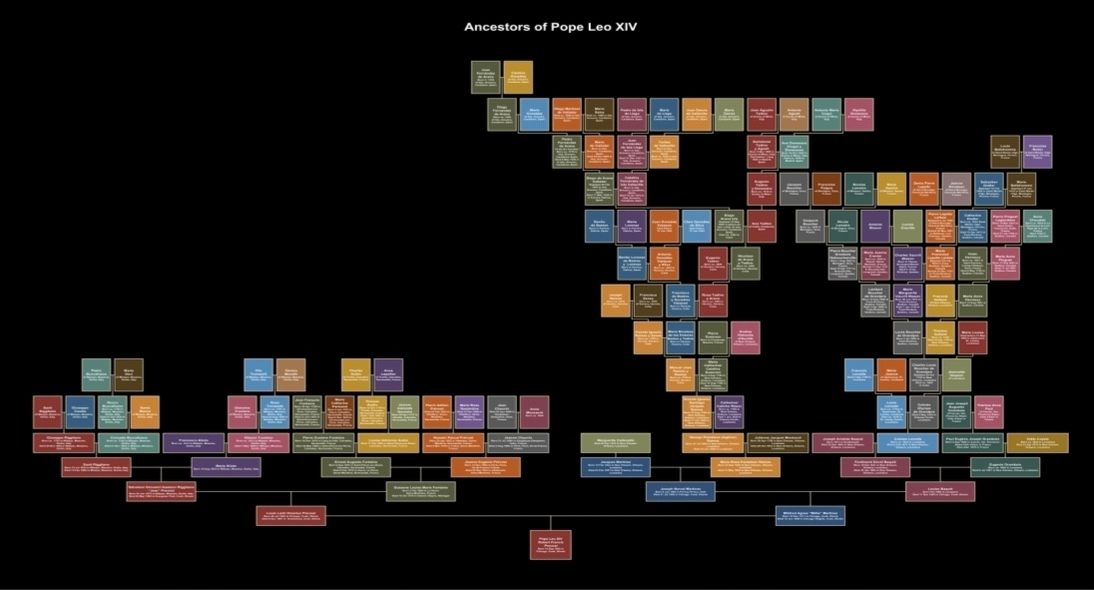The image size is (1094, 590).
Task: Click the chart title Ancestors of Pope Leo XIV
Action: [x=550, y=27]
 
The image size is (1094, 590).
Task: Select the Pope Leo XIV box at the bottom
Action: [x=550, y=544]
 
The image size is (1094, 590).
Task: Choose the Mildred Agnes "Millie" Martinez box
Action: [x=811, y=515]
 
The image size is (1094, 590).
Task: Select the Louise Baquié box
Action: [x=940, y=491]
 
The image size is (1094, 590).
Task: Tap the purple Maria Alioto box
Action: [x=227, y=467]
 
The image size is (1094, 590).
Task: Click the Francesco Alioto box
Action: [x=194, y=442]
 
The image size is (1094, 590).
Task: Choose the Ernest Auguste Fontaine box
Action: [x=355, y=466]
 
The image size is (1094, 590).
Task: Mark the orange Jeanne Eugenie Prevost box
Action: [x=485, y=466]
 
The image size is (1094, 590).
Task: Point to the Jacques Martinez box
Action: [x=616, y=466]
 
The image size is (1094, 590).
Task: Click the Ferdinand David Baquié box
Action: [x=874, y=466]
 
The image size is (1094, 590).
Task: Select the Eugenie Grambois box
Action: [x=1003, y=466]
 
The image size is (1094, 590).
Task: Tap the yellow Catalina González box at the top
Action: [x=518, y=77]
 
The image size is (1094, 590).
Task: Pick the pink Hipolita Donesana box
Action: [x=858, y=114]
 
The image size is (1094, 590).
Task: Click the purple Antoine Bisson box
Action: [x=875, y=226]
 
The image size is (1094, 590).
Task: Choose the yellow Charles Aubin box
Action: [x=356, y=374]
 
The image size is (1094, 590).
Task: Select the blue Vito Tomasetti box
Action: [x=259, y=374]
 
